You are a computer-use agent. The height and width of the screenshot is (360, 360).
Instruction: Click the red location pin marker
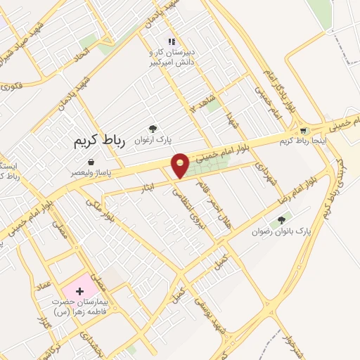[x=181, y=165]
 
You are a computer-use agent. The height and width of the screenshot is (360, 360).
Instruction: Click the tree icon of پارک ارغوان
[x=152, y=128]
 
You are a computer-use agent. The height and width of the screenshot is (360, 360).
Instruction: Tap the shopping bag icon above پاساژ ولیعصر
[x=91, y=162]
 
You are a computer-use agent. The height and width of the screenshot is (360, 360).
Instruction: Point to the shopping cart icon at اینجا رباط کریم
[x=303, y=130]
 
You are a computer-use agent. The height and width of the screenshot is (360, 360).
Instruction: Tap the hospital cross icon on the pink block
[x=79, y=290]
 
